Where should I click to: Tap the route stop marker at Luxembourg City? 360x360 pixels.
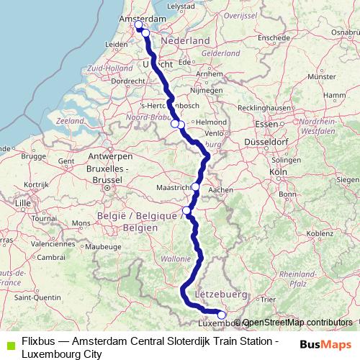[221, 315]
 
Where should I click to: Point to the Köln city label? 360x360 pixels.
[277, 173]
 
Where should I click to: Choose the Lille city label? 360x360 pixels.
[23, 204]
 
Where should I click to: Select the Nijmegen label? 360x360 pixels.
[202, 91]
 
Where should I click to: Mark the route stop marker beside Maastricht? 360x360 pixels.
[195, 186]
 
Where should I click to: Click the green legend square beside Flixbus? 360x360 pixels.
[8, 343]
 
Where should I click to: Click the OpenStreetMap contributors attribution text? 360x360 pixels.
[298, 323]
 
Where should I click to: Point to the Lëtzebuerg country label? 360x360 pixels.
[221, 294]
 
